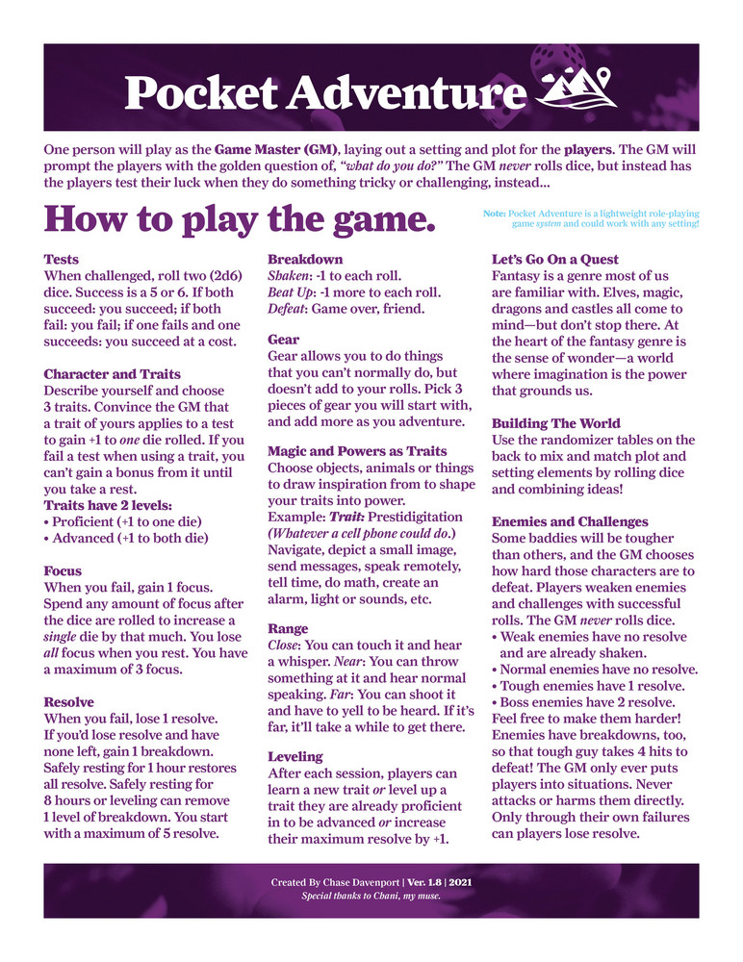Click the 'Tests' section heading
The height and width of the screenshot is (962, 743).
point(62,260)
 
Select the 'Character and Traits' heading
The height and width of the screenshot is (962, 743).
point(113,373)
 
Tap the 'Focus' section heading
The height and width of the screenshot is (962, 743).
point(64,570)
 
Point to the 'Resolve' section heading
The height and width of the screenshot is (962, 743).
point(69,702)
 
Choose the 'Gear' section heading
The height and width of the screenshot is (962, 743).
point(284,340)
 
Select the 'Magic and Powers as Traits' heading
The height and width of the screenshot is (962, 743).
point(357,451)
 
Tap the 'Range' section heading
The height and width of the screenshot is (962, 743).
point(288,628)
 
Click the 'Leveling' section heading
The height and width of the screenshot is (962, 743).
point(295,756)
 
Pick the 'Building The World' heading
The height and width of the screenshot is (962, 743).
point(556,423)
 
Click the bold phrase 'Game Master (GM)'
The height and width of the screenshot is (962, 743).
point(275,151)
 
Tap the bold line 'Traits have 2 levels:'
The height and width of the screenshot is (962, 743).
point(109,505)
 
